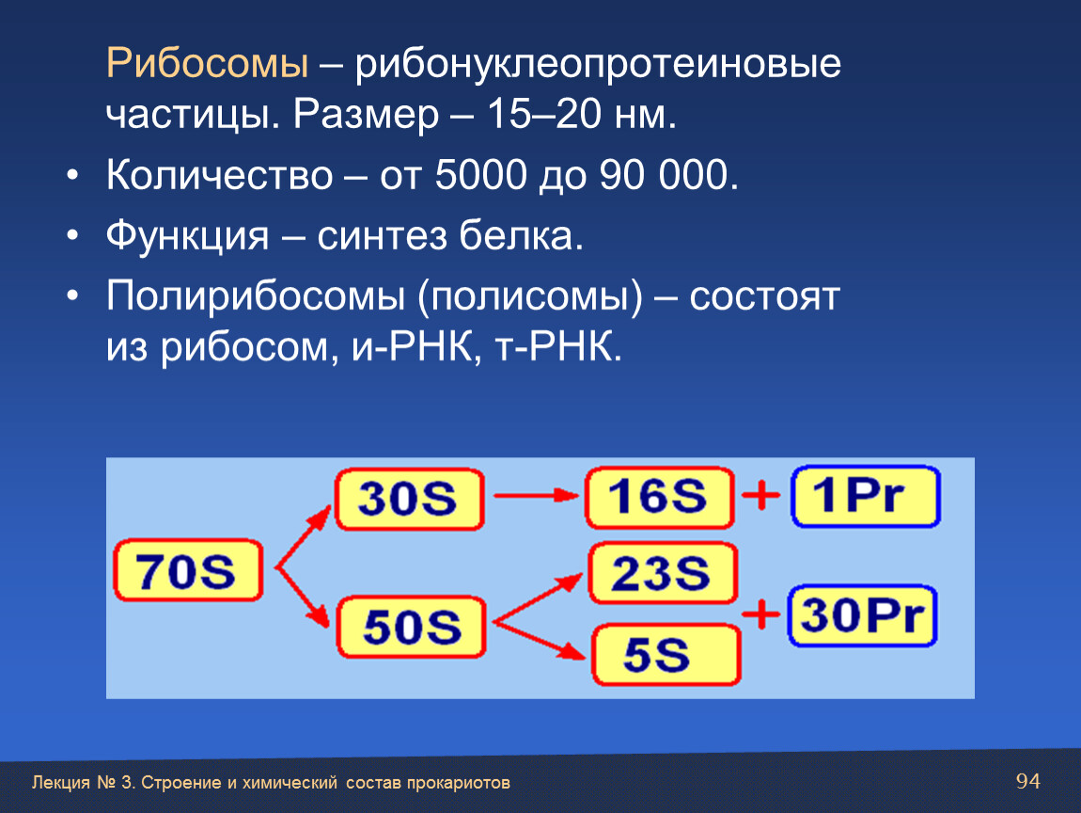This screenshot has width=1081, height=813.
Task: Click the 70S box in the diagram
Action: click(188, 570)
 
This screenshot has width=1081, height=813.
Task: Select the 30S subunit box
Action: click(410, 499)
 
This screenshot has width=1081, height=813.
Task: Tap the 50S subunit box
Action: click(412, 627)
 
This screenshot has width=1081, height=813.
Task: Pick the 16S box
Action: click(660, 498)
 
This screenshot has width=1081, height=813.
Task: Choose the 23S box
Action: click(664, 573)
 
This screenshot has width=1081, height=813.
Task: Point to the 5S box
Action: click(666, 654)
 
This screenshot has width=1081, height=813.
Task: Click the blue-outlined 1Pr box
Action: click(866, 496)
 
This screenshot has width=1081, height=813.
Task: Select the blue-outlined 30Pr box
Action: click(863, 615)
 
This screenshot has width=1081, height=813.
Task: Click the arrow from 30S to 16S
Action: click(536, 495)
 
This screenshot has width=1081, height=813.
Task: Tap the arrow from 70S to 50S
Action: click(303, 597)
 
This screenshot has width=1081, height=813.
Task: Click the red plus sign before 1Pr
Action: click(761, 495)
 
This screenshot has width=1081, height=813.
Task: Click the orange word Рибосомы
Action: click(207, 63)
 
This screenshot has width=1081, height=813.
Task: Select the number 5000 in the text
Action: click(481, 175)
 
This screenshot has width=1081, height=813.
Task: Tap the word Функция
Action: click(187, 236)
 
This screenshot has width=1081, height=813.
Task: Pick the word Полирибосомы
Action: click(255, 296)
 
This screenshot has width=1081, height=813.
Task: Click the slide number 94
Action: click(1028, 781)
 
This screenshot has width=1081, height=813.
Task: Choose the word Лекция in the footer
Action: click(61, 783)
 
